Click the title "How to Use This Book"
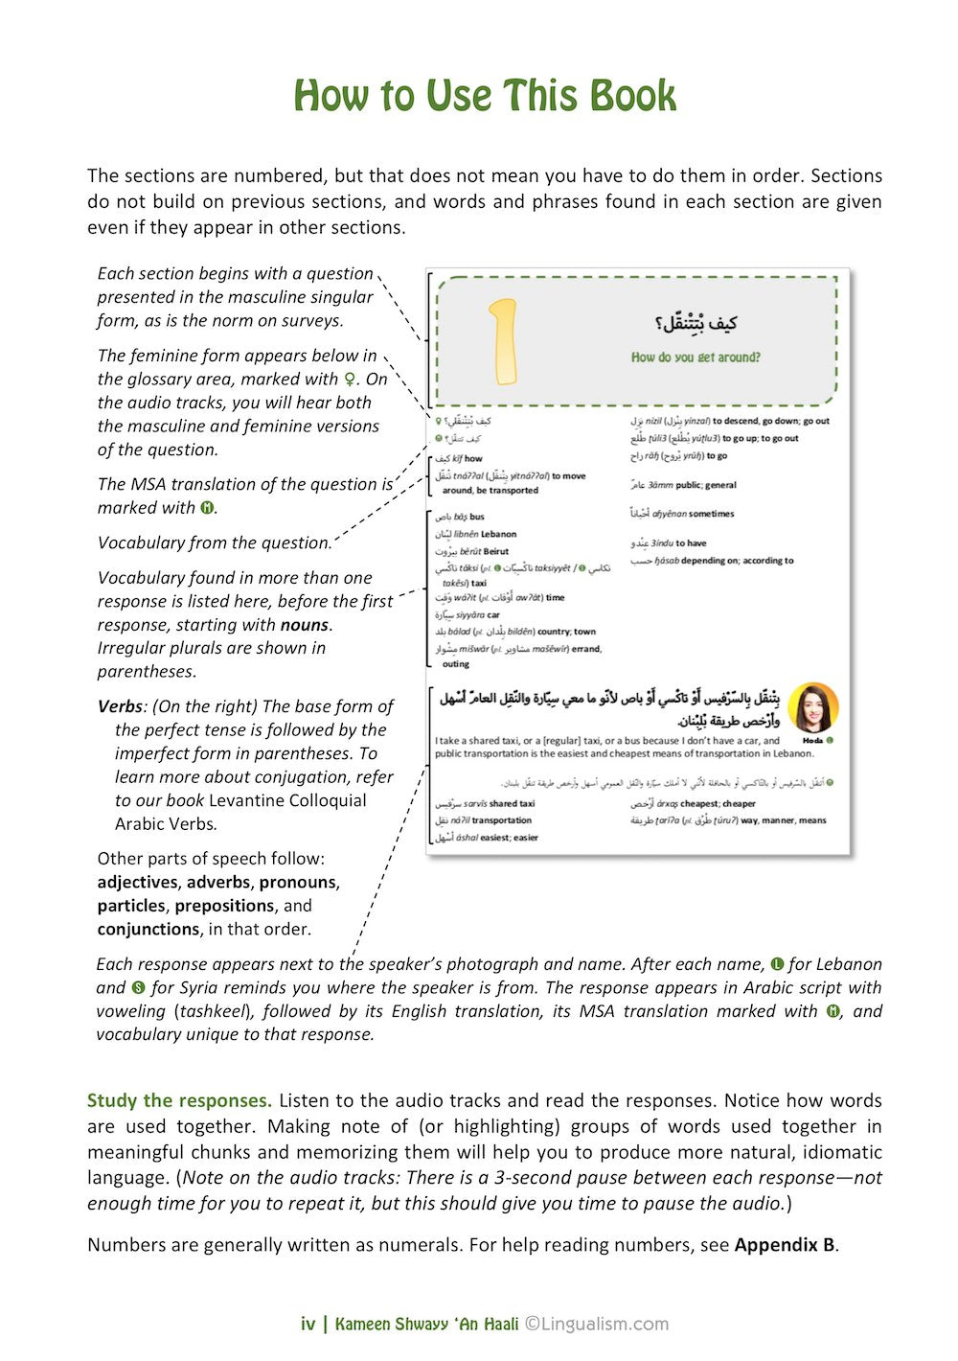tap(485, 96)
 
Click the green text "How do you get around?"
tap(696, 358)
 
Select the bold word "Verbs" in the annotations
tap(120, 706)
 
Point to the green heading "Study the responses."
tap(179, 1100)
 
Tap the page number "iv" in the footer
tap(308, 1325)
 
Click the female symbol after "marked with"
tap(351, 380)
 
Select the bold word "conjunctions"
tap(148, 929)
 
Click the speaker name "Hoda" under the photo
tap(812, 741)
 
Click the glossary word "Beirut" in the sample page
tap(496, 551)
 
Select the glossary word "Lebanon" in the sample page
tap(499, 534)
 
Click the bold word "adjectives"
tap(138, 882)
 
